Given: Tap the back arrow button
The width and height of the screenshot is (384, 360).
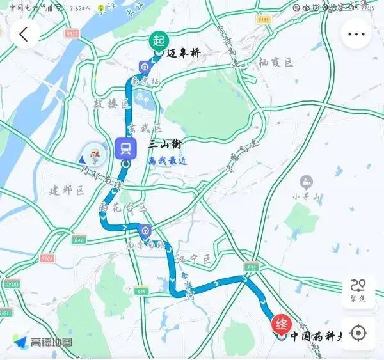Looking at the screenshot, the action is (24, 34).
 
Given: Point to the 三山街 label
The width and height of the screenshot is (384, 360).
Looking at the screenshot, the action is (164, 145).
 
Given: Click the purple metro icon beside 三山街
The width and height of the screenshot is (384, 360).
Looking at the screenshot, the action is (125, 149).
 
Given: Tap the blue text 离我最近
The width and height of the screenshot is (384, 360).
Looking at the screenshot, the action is (167, 161).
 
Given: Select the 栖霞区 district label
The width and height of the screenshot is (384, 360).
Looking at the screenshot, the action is (276, 63).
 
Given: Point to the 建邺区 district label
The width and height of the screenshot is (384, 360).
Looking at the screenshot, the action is (67, 191).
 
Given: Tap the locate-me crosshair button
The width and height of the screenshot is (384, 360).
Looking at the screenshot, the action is (358, 333).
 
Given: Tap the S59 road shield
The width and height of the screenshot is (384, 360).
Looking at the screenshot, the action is (142, 292).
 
